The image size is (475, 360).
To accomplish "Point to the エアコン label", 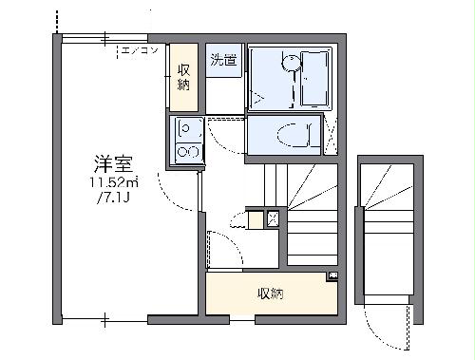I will tap(139, 50).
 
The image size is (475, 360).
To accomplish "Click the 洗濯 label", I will tap(222, 59).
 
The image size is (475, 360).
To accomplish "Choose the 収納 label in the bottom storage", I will tap(270, 294).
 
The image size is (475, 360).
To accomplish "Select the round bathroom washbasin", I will tap(289, 64).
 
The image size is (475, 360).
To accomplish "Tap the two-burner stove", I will tap(186, 150).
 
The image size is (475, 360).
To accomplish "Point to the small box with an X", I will tap(274, 219).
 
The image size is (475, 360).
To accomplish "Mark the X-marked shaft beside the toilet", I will tap(332, 135).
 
